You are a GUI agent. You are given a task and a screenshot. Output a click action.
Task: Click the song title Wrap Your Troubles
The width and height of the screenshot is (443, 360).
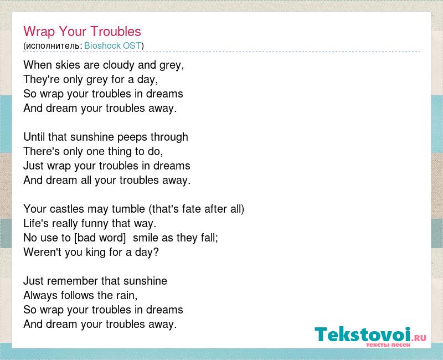pyautogui.click(x=82, y=32)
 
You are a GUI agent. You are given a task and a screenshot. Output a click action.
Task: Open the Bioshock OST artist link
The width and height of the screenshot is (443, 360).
pyautogui.click(x=113, y=45)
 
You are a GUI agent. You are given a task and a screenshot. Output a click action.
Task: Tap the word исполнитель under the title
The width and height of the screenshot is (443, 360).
pyautogui.click(x=53, y=46)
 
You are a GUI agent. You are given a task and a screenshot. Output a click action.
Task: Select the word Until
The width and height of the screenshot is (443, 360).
pyautogui.click(x=34, y=137)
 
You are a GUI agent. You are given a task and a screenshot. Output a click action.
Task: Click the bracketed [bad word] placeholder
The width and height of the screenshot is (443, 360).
pyautogui.click(x=100, y=238)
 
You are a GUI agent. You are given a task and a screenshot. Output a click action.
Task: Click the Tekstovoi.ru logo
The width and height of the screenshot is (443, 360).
pyautogui.click(x=370, y=336)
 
